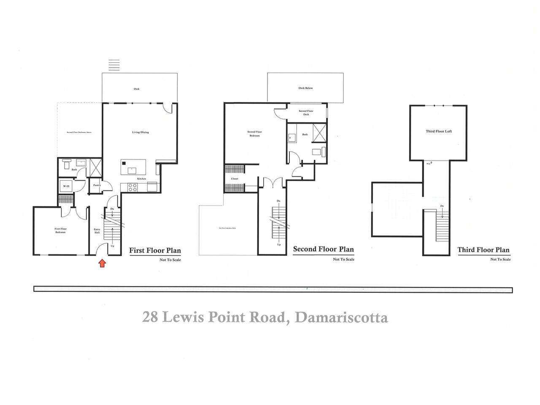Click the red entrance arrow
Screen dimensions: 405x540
tap(102, 264)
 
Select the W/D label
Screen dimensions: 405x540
tap(66, 186)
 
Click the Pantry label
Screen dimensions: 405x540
tap(97, 185)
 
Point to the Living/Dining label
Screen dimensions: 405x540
tap(140, 132)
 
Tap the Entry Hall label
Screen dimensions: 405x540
tap(97, 231)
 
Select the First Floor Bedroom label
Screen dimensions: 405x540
tap(60, 230)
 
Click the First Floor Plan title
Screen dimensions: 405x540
tap(155, 250)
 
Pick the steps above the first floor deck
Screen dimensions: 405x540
tap(114, 65)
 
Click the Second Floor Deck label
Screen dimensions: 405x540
tap(306, 113)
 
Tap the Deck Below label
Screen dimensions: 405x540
tap(305, 88)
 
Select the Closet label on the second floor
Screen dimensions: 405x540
tap(235, 178)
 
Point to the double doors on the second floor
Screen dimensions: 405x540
tap(273, 183)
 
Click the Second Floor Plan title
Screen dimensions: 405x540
tap(323, 249)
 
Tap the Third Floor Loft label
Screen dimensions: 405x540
tap(439, 131)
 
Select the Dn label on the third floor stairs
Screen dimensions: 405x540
tap(442, 206)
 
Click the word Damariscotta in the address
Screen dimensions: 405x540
tap(341, 317)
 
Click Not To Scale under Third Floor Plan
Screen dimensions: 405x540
tap(500, 259)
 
